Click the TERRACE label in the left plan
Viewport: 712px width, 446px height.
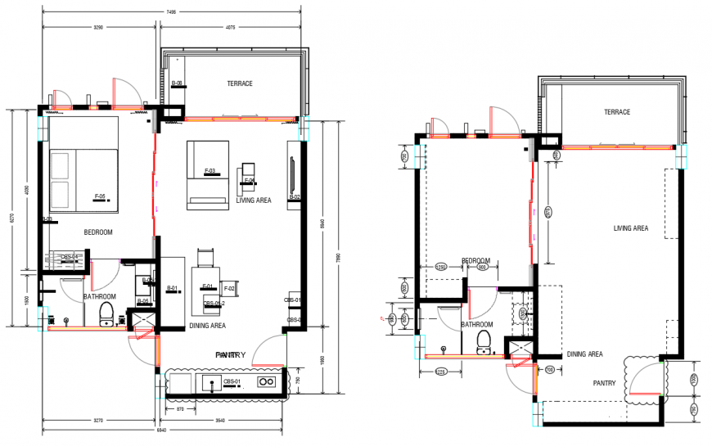coord(240,83)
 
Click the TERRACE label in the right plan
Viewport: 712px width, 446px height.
coord(617,112)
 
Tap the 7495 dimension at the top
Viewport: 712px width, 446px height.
coord(170,11)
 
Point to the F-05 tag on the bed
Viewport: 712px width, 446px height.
coord(101,196)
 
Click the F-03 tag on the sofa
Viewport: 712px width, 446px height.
coord(210,171)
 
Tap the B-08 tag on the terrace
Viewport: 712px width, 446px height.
coord(176,83)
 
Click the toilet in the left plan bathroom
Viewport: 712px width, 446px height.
coord(106,313)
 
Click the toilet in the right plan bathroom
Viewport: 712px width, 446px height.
coord(484,340)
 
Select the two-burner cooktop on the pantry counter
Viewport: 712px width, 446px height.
coord(265,381)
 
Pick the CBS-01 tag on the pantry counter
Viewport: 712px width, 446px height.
coord(231,382)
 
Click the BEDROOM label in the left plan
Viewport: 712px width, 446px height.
coord(97,232)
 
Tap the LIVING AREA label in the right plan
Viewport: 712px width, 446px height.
coord(631,228)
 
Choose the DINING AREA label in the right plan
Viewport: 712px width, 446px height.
coord(584,354)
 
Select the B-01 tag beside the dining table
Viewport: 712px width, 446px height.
coord(173,288)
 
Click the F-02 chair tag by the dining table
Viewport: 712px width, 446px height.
coord(230,289)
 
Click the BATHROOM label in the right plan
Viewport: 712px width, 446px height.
coord(476,324)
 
